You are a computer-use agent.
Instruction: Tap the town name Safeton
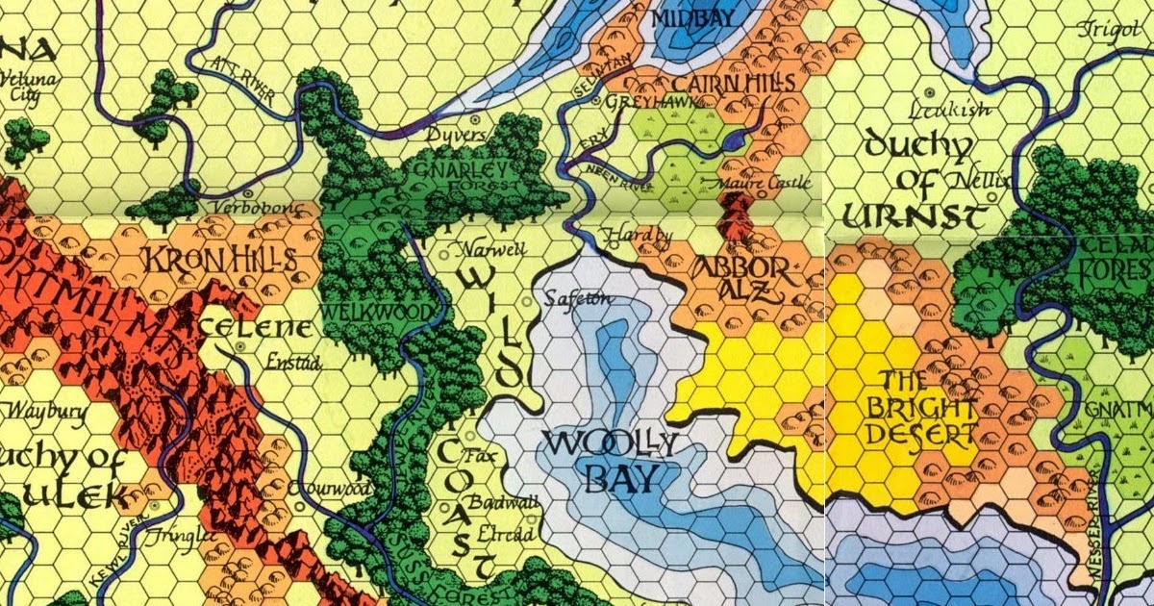(578, 299)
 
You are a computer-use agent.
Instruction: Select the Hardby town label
(638, 235)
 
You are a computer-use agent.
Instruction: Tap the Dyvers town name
(460, 135)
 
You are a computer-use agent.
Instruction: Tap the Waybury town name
(47, 412)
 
